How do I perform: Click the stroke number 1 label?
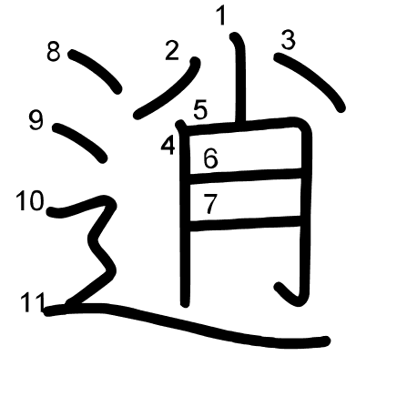(x=221, y=16)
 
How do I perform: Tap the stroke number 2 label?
(x=172, y=50)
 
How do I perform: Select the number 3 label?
(x=288, y=40)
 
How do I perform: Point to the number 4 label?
(x=168, y=145)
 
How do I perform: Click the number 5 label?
(x=200, y=109)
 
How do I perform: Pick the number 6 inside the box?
(x=210, y=158)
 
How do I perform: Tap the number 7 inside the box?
(x=210, y=204)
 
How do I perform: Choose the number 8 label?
(x=54, y=52)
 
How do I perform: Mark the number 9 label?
(x=36, y=120)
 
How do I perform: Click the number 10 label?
(x=30, y=200)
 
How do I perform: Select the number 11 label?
(x=33, y=302)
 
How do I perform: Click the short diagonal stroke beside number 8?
(x=96, y=70)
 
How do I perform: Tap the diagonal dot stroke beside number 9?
(x=80, y=142)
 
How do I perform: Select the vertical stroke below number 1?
(x=239, y=79)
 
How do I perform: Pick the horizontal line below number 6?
(x=245, y=176)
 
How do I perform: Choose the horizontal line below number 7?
(x=245, y=224)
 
